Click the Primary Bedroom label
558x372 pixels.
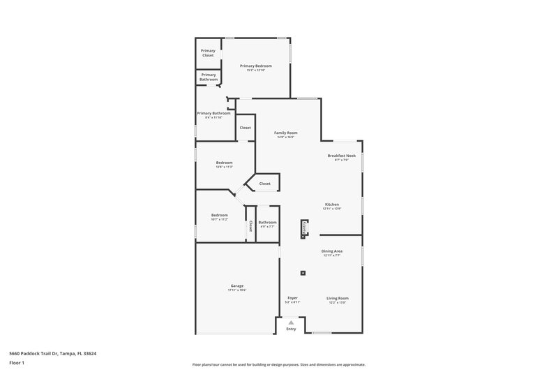(256, 66)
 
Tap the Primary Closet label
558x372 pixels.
(208, 53)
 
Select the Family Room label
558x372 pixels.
(286, 133)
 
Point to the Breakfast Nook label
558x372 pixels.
(342, 156)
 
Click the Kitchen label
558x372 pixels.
(332, 204)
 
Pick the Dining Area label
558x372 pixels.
(332, 251)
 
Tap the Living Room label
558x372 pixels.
(338, 298)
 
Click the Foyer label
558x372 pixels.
(293, 298)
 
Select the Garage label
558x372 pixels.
(237, 285)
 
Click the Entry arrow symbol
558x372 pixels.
(292, 322)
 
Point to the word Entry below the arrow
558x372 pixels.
(292, 329)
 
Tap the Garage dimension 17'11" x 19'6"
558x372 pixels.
(237, 290)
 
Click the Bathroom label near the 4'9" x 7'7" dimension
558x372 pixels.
(268, 222)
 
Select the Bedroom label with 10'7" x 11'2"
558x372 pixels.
(220, 215)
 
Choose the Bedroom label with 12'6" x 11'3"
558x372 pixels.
(224, 163)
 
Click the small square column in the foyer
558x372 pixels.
(303, 273)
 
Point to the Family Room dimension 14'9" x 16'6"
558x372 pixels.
(286, 137)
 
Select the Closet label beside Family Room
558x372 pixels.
(246, 128)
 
